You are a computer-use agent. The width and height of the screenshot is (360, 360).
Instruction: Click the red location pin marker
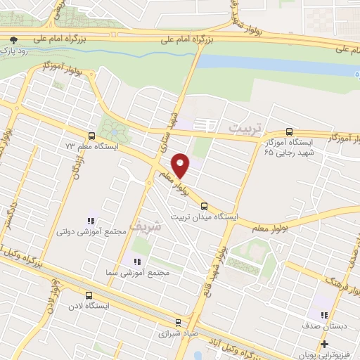[181, 165]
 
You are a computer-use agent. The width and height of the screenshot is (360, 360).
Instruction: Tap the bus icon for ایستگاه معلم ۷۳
[91, 136]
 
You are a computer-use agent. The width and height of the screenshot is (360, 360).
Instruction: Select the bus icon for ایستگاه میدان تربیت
[204, 206]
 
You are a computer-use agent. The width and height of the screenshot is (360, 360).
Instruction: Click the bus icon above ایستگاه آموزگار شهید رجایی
[289, 131]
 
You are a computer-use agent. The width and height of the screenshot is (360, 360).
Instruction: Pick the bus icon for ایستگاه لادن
[89, 295]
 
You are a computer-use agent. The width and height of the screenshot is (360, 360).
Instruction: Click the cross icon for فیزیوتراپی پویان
[324, 344]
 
